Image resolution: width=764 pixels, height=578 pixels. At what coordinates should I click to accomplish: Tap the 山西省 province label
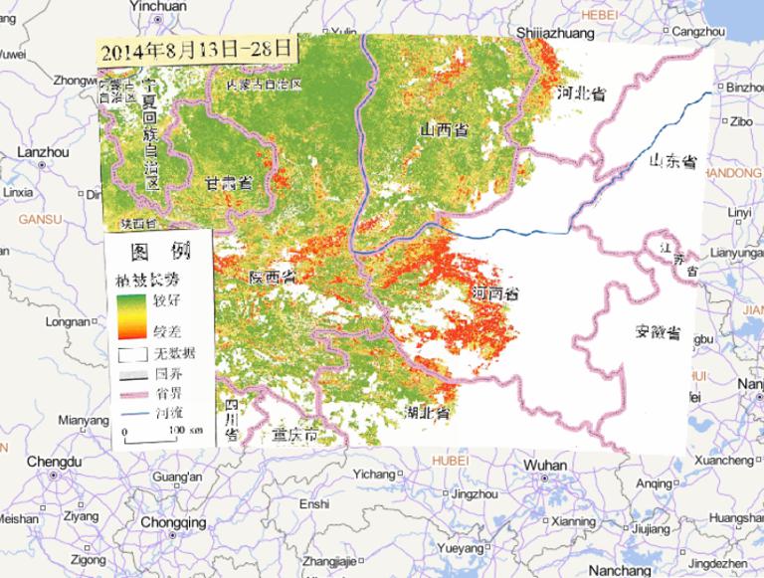[x=445, y=130]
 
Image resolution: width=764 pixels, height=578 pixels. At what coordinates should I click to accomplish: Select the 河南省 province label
[x=494, y=295]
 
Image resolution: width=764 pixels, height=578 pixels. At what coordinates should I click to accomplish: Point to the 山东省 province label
[x=672, y=161]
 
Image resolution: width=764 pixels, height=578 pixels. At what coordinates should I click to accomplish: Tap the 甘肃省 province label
[x=228, y=184]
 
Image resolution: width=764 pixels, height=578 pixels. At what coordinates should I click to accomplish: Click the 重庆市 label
[x=295, y=436]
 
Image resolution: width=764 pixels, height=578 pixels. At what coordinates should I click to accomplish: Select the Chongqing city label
[x=173, y=522]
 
